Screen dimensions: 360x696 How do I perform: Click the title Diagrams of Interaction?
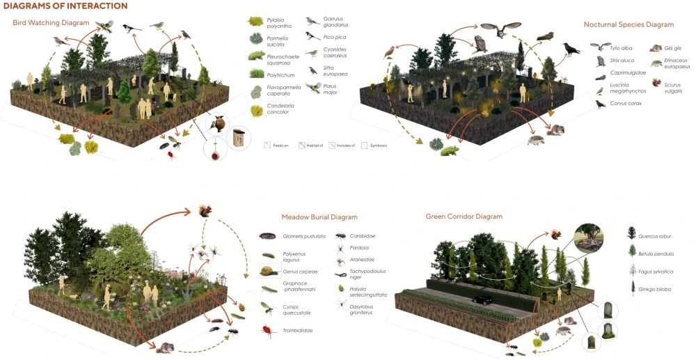(65, 6)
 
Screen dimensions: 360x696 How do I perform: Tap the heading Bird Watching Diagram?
(51, 23)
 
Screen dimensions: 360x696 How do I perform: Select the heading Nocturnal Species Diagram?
(628, 24)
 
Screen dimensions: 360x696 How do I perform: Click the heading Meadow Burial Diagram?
(319, 217)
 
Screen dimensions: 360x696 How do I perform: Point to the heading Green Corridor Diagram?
(464, 217)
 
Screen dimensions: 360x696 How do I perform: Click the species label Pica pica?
(335, 37)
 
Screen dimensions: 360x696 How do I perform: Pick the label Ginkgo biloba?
(657, 288)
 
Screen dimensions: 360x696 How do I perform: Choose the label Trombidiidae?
(299, 330)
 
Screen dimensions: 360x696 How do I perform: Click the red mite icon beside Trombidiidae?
(266, 330)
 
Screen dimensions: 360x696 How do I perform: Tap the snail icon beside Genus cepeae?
(267, 272)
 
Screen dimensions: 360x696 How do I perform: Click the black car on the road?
(483, 300)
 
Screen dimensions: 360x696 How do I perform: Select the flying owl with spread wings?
(500, 29)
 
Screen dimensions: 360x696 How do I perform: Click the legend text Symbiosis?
(379, 145)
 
